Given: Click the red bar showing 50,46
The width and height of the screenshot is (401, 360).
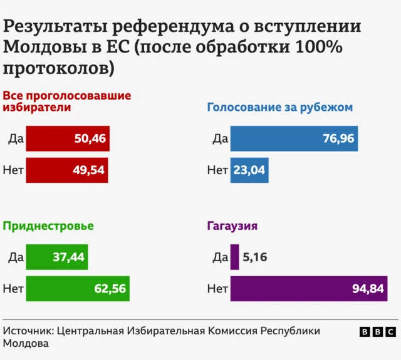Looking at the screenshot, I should (68, 139).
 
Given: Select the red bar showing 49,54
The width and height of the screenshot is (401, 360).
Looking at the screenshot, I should (67, 170).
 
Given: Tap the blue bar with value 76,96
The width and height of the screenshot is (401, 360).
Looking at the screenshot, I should (294, 139).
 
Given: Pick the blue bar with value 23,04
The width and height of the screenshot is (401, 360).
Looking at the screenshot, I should (249, 170).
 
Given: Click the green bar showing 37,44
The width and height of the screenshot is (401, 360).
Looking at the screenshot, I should (57, 257).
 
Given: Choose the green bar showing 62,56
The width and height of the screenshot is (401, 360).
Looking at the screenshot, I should (78, 289).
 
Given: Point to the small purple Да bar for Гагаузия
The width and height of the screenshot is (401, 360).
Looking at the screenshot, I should (234, 257).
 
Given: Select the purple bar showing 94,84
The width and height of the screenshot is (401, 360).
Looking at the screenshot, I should (309, 289).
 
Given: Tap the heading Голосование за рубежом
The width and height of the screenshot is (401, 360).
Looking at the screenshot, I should (280, 107).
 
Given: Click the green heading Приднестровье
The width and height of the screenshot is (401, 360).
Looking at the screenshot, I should (48, 226).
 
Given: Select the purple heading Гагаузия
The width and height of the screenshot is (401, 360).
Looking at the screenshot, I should (232, 226).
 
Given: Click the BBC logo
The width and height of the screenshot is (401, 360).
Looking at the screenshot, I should (378, 332).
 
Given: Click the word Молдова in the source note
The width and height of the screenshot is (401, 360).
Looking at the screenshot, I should (26, 344).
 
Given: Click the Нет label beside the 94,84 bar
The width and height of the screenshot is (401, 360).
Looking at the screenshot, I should (217, 289).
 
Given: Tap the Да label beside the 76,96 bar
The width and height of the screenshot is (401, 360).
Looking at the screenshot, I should (220, 139).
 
